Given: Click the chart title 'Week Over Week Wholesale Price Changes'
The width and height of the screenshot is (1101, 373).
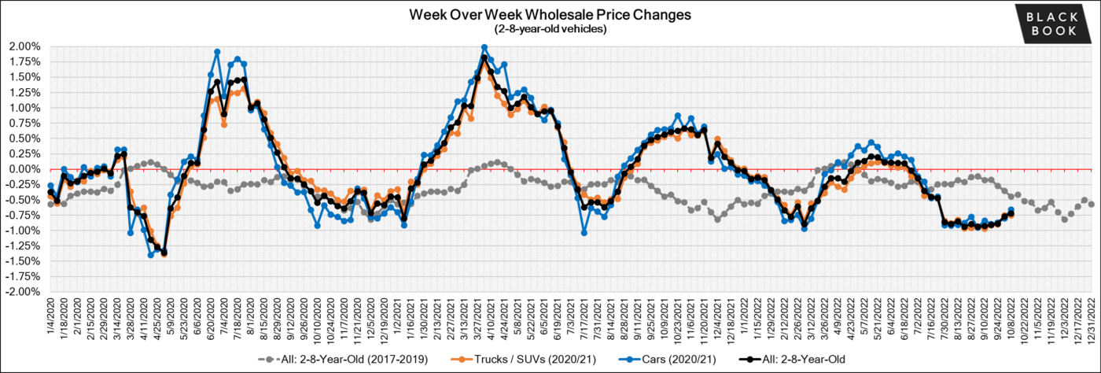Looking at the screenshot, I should pyautogui.click(x=550, y=15).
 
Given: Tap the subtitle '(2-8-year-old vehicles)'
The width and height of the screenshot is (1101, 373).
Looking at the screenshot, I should pyautogui.click(x=550, y=29).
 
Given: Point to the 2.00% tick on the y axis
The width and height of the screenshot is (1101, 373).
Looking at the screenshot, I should pyautogui.click(x=25, y=46).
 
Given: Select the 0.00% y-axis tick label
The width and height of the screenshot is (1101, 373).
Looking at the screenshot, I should pyautogui.click(x=25, y=169).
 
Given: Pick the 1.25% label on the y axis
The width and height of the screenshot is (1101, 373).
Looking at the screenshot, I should pyautogui.click(x=25, y=92).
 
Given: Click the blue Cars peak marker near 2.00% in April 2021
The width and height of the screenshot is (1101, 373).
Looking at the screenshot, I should pyautogui.click(x=484, y=48).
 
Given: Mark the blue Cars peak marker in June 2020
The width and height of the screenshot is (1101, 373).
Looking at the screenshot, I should pyautogui.click(x=217, y=52).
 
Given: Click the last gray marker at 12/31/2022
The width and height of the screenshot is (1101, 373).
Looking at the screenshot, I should pyautogui.click(x=1092, y=205).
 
